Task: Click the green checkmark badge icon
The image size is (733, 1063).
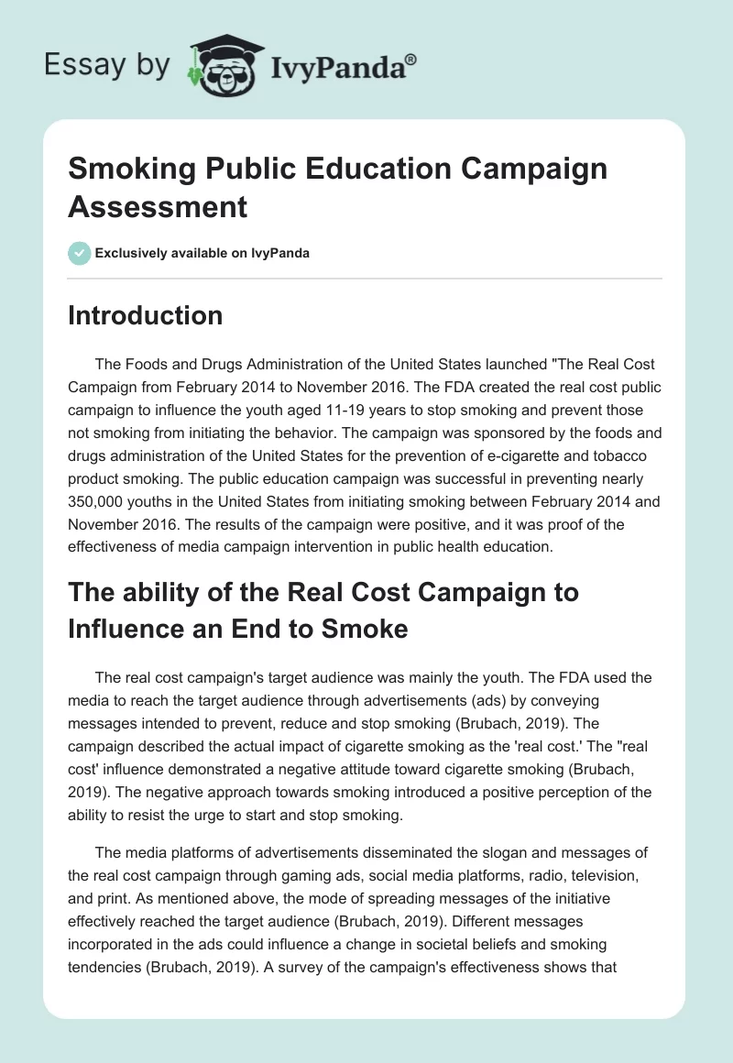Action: click(x=80, y=253)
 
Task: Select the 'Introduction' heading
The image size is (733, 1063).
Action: click(x=145, y=316)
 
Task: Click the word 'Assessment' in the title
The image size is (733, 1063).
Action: click(x=158, y=206)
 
